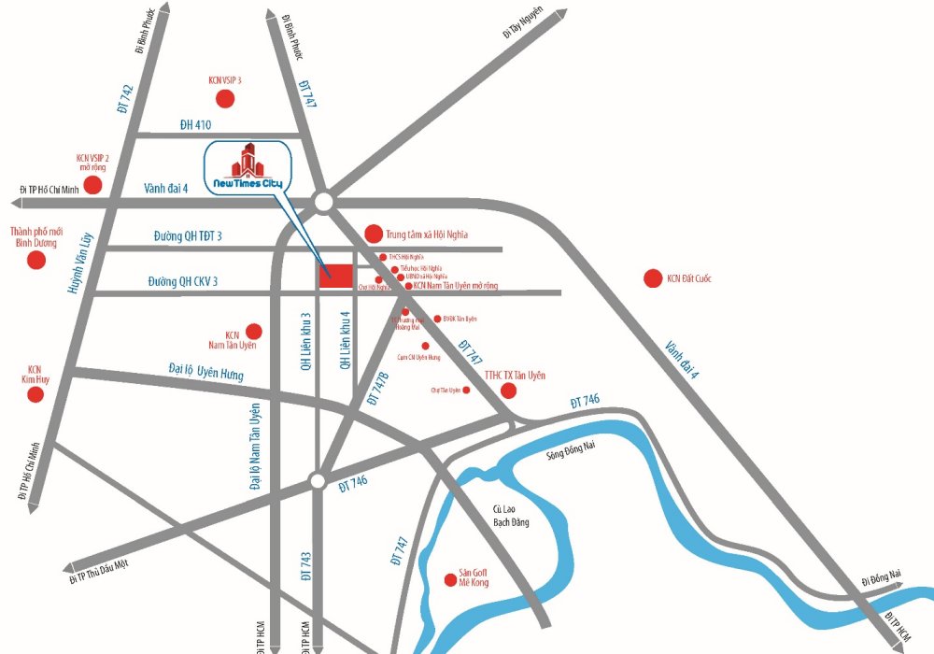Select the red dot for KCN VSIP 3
coord(224,99)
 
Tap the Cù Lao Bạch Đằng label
coord(511,516)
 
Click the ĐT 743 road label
coord(304,565)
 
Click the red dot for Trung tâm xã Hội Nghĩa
coord(373,234)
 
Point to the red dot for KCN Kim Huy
coord(35,395)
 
